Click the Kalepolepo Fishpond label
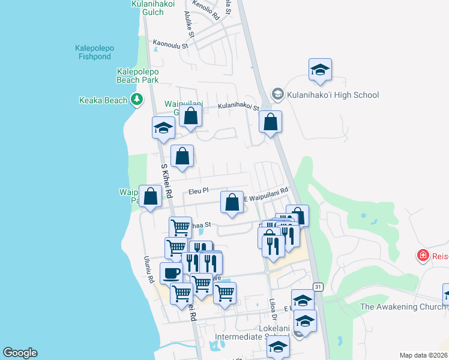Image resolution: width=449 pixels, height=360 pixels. click(x=95, y=53)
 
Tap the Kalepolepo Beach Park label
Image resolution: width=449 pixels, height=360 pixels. click(x=137, y=76)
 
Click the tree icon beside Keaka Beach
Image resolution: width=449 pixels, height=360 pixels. click(x=138, y=100)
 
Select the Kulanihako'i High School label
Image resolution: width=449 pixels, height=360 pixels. click(x=333, y=95)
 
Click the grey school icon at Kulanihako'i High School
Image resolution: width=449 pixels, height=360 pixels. click(x=277, y=94)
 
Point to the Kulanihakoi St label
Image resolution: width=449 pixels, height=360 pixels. click(x=238, y=107)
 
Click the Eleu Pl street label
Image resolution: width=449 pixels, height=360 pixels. click(x=197, y=191)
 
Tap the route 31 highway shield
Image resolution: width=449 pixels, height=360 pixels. click(x=318, y=287)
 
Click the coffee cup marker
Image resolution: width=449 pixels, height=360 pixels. click(x=171, y=273)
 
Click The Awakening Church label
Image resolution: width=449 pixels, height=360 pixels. click(x=403, y=307)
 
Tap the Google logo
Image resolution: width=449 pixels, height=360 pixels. click(x=20, y=353)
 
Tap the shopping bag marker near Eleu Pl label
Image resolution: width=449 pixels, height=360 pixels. click(x=150, y=196)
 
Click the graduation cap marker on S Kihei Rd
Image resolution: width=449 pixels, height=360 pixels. click(x=163, y=127)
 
